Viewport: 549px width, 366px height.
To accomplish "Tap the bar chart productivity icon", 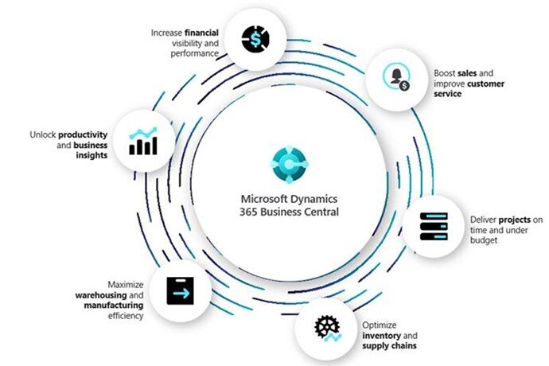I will click(142, 140).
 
